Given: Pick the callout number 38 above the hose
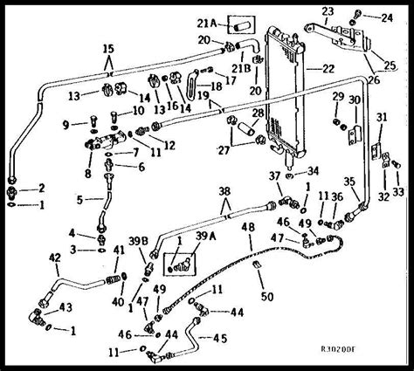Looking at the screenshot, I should [x=225, y=191].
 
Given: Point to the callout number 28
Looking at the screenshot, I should [x=259, y=113].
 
